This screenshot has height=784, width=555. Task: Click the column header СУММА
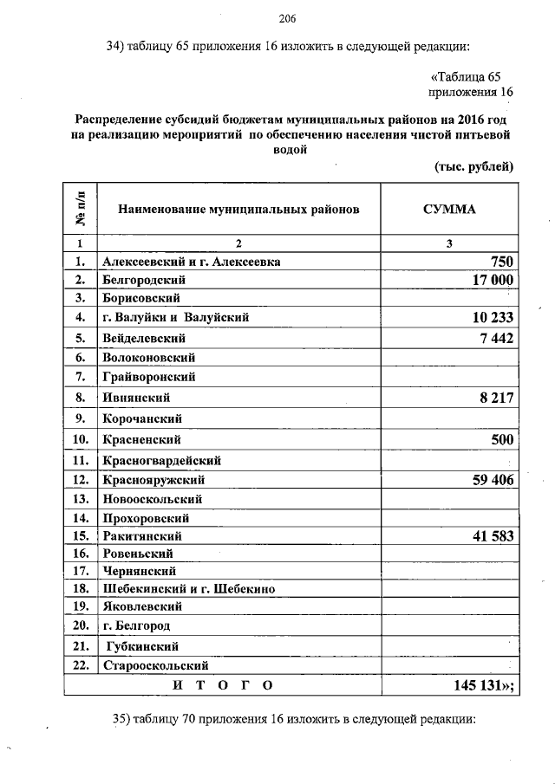click(449, 210)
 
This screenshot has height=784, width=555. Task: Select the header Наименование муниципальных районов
click(238, 210)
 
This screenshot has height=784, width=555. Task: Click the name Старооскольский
click(156, 666)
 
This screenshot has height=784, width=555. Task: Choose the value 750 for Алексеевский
click(502, 262)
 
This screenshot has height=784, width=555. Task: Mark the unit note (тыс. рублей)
click(473, 166)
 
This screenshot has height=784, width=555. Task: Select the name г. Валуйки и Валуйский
click(175, 318)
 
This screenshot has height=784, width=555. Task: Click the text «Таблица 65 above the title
click(466, 77)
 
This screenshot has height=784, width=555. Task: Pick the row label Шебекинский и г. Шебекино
click(188, 588)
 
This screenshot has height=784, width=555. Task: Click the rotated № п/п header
click(80, 210)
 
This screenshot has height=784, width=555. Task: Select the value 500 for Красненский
click(502, 439)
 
